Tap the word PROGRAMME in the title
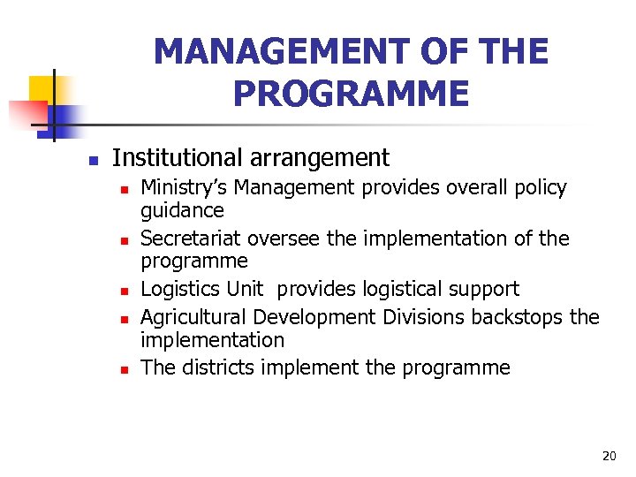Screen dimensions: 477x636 click(351, 93)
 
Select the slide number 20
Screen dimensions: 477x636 click(609, 456)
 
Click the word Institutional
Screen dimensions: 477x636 click(178, 158)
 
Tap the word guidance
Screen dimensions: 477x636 click(182, 211)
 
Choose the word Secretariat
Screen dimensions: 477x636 click(192, 238)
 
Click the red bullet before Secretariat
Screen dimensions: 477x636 click(125, 240)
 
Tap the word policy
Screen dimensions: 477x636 click(538, 187)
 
